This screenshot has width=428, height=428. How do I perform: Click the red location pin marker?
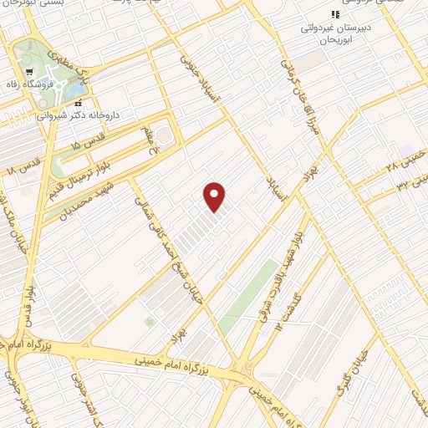pyautogui.click(x=215, y=196)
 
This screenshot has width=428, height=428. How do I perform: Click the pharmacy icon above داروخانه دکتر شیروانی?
pyautogui.click(x=79, y=104)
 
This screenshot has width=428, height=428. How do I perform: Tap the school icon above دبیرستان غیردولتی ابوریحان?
pyautogui.click(x=335, y=15)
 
